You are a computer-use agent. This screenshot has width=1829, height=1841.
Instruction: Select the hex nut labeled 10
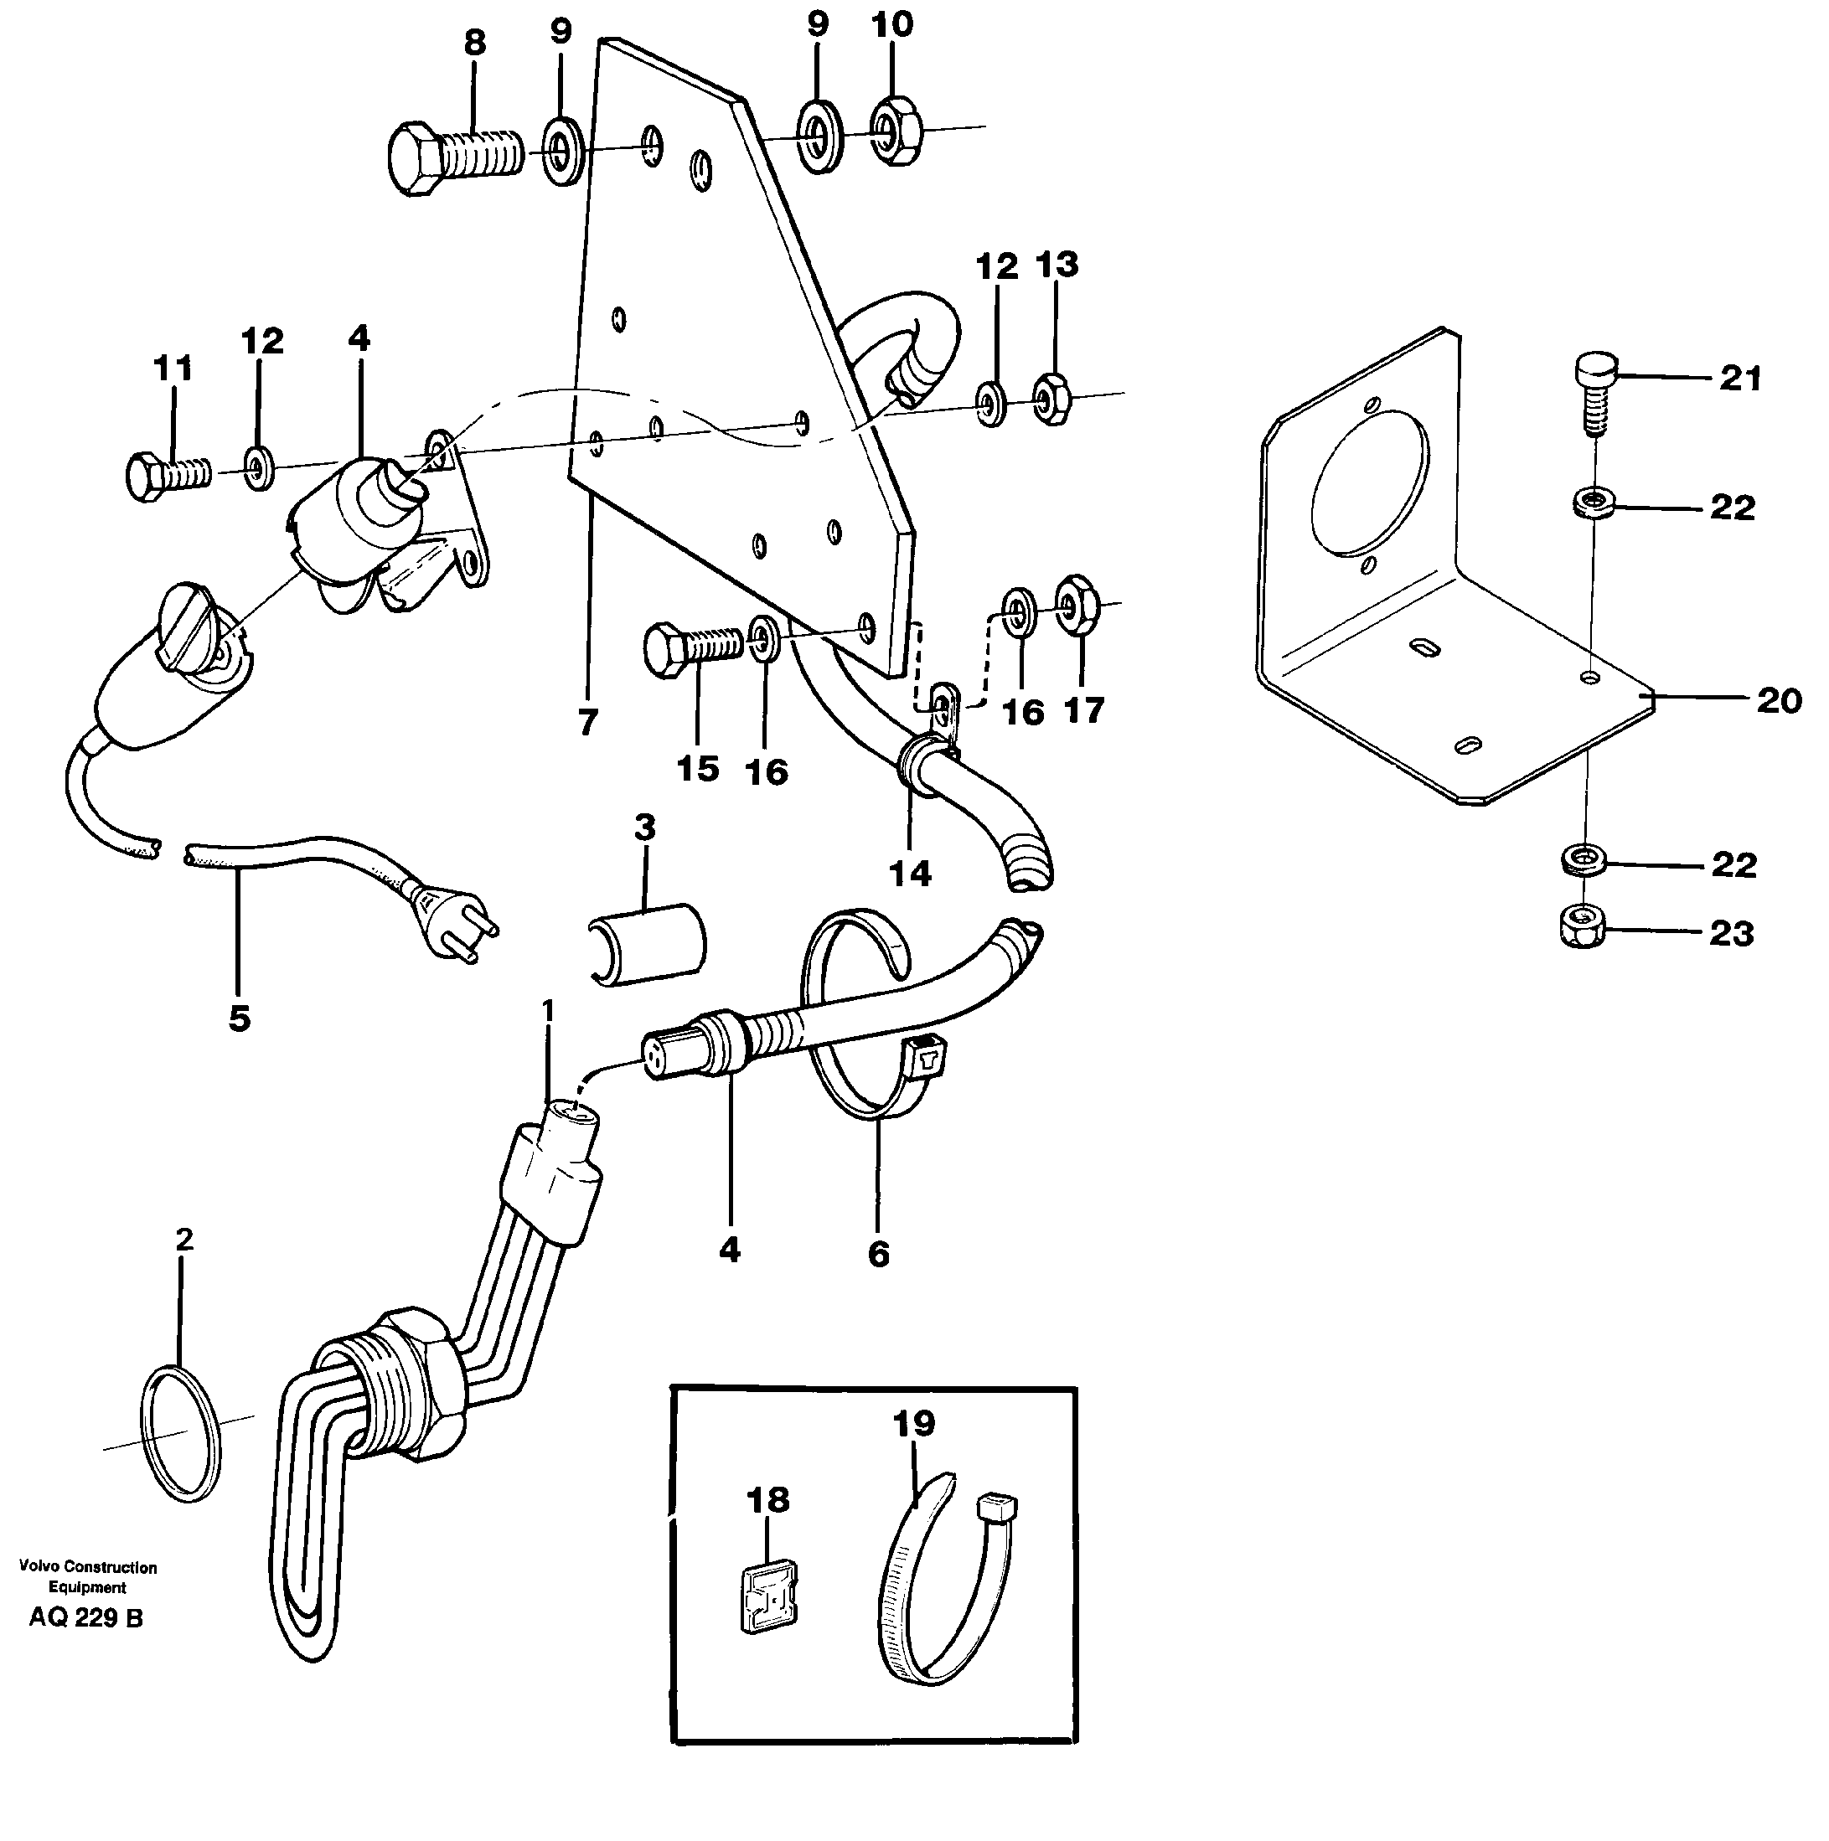coord(896,129)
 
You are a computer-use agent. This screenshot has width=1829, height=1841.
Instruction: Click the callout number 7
coord(588,722)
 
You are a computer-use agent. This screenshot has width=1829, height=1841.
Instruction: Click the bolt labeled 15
coord(691,645)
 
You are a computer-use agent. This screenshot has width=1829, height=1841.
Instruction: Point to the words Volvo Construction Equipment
coord(88,1576)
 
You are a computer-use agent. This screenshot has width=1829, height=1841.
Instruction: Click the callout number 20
coord(1779,700)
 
